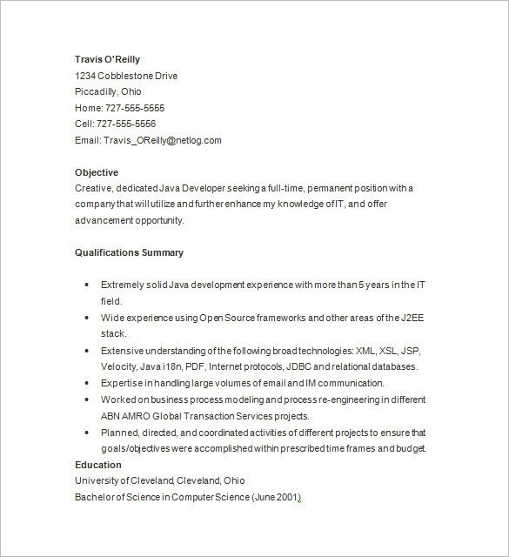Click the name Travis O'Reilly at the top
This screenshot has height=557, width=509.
point(107,59)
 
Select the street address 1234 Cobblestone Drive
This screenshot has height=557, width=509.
point(126,76)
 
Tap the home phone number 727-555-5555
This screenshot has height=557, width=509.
point(135,108)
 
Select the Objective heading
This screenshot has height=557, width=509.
point(97,172)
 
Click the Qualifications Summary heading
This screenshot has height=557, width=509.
point(129,252)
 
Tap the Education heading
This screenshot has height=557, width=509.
point(98,465)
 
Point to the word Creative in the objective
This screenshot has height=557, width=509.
point(93,188)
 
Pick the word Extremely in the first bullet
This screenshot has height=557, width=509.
point(123,285)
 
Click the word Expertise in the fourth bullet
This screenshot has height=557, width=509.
point(121,383)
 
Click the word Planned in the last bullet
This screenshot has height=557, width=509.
point(119,433)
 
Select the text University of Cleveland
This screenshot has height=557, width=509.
point(124,480)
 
